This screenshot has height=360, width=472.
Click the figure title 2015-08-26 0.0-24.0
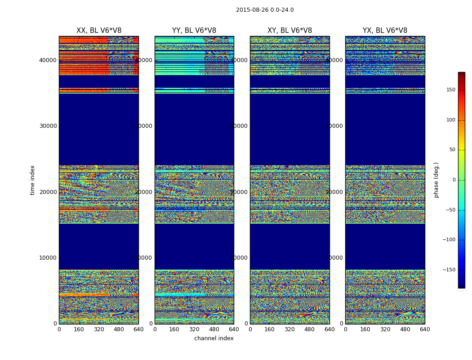click(265, 10)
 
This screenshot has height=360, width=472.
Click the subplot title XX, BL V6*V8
click(99, 31)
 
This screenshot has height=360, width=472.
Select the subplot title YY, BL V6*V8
click(194, 31)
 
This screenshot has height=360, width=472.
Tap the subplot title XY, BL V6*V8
click(289, 31)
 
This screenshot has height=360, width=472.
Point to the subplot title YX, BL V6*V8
click(385, 31)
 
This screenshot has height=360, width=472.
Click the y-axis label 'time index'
click(32, 180)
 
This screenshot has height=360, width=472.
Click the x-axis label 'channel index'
click(214, 338)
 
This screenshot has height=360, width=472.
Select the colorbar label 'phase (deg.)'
click(436, 180)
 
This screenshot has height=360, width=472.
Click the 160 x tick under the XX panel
click(79, 329)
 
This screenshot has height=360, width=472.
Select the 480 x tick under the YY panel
click(214, 329)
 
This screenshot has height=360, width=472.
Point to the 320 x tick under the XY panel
click(290, 329)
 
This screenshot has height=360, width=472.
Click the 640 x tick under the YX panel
click(425, 329)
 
